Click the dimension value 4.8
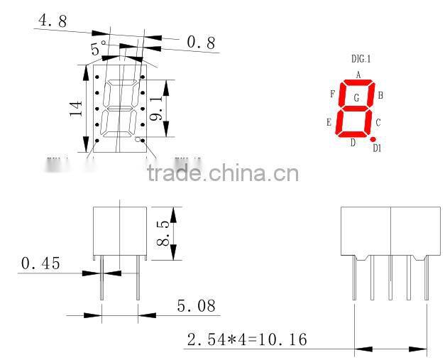point(53,21)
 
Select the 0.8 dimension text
point(200,43)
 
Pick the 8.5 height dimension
point(163,233)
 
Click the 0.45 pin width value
point(40,264)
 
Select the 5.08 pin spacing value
point(195,307)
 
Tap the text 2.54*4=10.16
point(247,340)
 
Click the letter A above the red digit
point(358,75)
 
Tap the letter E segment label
point(329,123)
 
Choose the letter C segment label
point(378,123)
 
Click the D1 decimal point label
point(377,148)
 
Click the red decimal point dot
point(372,140)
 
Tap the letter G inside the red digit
point(356,97)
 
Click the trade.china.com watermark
point(223,173)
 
